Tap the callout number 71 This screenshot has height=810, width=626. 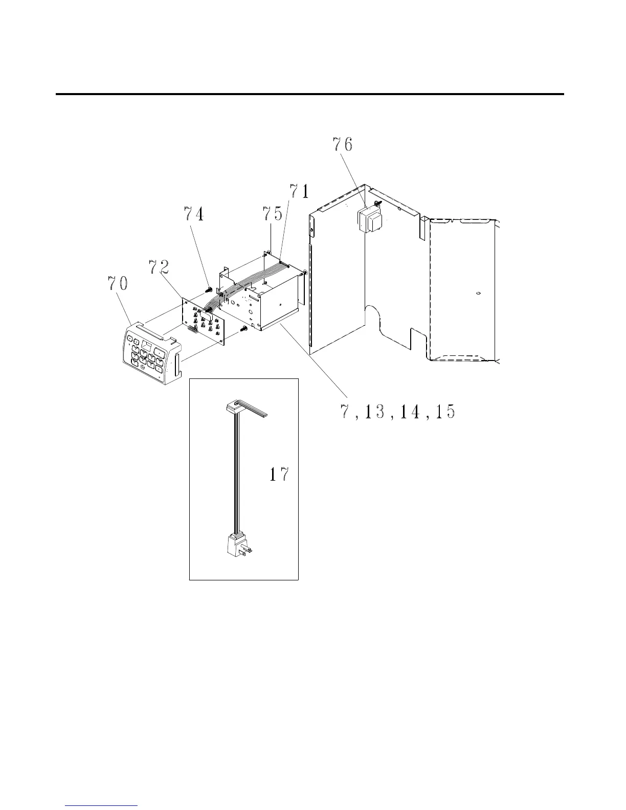pos(300,191)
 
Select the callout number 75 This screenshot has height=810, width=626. pos(273,213)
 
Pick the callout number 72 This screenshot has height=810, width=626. pos(159,266)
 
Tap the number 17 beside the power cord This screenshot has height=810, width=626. pos(279,475)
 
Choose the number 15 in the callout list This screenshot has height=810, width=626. pos(445,412)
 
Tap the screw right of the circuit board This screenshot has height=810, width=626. pos(244,329)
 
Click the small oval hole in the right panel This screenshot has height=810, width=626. pos(478,294)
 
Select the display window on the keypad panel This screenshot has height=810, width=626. pos(148,345)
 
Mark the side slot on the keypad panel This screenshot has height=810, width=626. pos(177,366)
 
